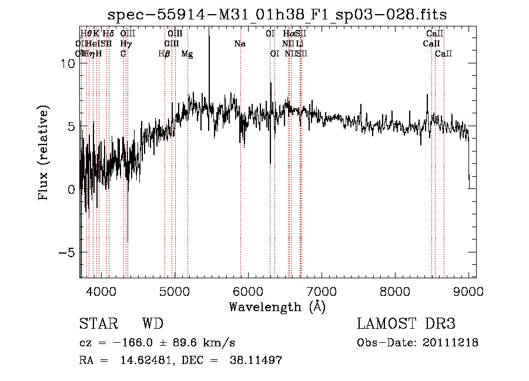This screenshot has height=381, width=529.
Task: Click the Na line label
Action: pyautogui.click(x=240, y=43)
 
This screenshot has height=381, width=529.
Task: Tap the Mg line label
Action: pyautogui.click(x=187, y=54)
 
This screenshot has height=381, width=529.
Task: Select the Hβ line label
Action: pyautogui.click(x=164, y=54)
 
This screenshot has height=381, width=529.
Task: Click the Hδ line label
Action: pyautogui.click(x=108, y=33)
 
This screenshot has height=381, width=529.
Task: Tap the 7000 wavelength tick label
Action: pyautogui.click(x=322, y=291)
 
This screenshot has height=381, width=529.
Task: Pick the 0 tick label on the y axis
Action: pyautogui.click(x=71, y=190)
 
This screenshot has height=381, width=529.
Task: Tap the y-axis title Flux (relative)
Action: pyautogui.click(x=44, y=154)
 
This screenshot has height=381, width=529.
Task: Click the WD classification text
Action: pyautogui.click(x=152, y=324)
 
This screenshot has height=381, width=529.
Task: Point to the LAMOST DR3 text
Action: pyautogui.click(x=406, y=324)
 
